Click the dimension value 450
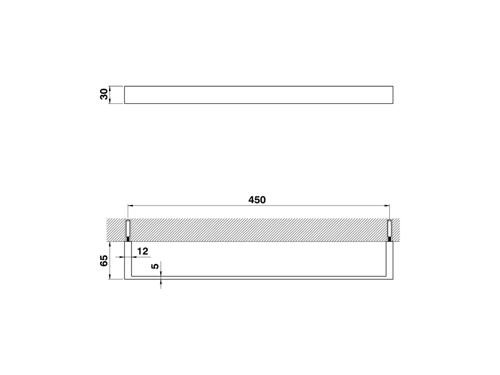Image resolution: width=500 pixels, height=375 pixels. tap(257, 200)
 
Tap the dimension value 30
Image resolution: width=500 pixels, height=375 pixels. tap(104, 95)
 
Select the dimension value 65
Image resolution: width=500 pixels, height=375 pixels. tap(104, 261)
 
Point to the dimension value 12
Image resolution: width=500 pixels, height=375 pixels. tap(143, 251)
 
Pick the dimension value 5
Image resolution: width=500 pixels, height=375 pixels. tap(155, 266)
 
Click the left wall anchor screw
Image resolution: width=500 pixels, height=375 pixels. tap(128, 230)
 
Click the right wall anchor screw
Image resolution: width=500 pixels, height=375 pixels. tap(389, 230)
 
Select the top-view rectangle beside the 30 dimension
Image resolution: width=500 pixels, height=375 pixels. tap(259, 95)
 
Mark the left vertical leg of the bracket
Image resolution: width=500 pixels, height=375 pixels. tap(128, 260)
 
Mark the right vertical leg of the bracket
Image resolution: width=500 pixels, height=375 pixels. tap(389, 260)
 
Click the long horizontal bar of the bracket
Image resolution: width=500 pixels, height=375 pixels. tap(259, 278)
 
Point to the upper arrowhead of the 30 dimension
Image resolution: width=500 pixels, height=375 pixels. tap(111, 88)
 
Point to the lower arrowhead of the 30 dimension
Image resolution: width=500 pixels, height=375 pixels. tap(111, 101)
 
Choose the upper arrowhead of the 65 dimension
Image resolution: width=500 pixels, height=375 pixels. tap(111, 244)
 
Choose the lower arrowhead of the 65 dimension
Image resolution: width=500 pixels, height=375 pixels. tap(111, 277)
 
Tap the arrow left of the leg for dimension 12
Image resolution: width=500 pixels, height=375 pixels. tap(122, 257)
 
